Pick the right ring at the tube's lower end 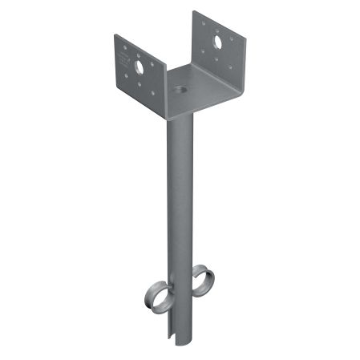pos(204,282)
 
